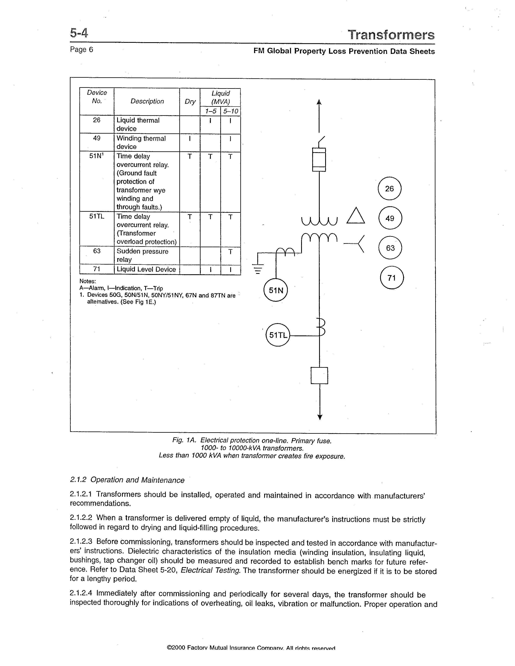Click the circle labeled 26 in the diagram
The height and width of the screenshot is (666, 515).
[x=389, y=188]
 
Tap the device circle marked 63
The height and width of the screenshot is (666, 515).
[x=390, y=248]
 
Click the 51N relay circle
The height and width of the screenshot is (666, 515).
[x=276, y=290]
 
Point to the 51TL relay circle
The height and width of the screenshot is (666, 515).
[x=278, y=335]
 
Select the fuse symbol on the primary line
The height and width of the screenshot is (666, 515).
[x=319, y=159]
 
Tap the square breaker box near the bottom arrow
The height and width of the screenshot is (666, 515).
[x=320, y=375]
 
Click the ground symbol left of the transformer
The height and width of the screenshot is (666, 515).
[x=258, y=269]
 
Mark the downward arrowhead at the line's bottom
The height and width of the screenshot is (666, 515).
[x=320, y=417]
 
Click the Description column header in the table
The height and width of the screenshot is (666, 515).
[x=147, y=101]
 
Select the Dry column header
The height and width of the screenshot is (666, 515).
[x=190, y=102]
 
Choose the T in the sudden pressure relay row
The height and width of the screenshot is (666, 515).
[x=230, y=252]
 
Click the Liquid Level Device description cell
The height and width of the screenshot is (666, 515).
[x=146, y=269]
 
